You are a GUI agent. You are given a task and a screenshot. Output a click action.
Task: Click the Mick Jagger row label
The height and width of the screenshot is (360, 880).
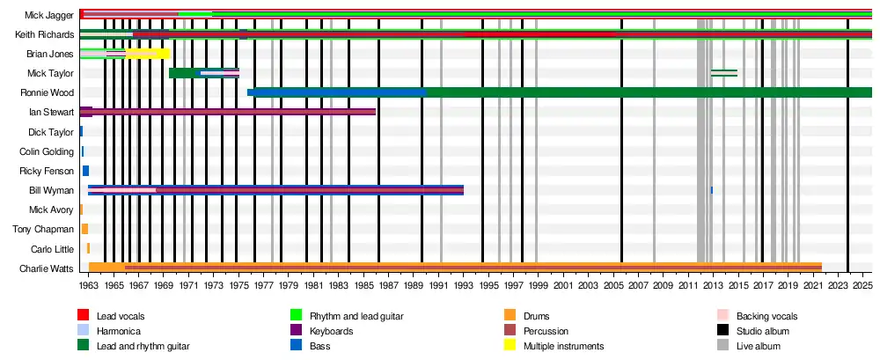click(49, 15)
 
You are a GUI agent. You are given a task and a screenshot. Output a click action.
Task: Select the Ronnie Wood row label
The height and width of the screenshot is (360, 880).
click(48, 92)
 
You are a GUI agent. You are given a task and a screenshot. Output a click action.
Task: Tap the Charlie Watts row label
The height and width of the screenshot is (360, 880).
click(47, 268)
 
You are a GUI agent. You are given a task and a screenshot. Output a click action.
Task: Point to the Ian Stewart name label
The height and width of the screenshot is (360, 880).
click(51, 112)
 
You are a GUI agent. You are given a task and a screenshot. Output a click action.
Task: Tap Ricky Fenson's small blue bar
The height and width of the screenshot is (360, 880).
click(85, 171)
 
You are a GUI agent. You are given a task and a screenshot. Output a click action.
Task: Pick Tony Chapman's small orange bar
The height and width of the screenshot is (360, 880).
click(84, 229)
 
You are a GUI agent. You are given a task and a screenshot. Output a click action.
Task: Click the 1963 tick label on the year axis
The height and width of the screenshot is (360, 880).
click(89, 287)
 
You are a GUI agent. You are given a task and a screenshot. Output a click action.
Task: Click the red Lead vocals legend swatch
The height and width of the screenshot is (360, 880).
click(84, 315)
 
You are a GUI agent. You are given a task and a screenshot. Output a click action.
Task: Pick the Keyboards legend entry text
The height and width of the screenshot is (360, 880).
click(331, 331)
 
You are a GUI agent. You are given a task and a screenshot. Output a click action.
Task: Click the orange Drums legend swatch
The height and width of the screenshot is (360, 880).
click(510, 315)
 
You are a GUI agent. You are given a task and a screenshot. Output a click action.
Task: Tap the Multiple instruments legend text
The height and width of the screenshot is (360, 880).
click(563, 347)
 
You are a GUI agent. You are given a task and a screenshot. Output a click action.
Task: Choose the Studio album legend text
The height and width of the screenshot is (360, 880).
click(763, 331)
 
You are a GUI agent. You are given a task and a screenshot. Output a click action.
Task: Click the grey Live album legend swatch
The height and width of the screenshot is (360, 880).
click(723, 347)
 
